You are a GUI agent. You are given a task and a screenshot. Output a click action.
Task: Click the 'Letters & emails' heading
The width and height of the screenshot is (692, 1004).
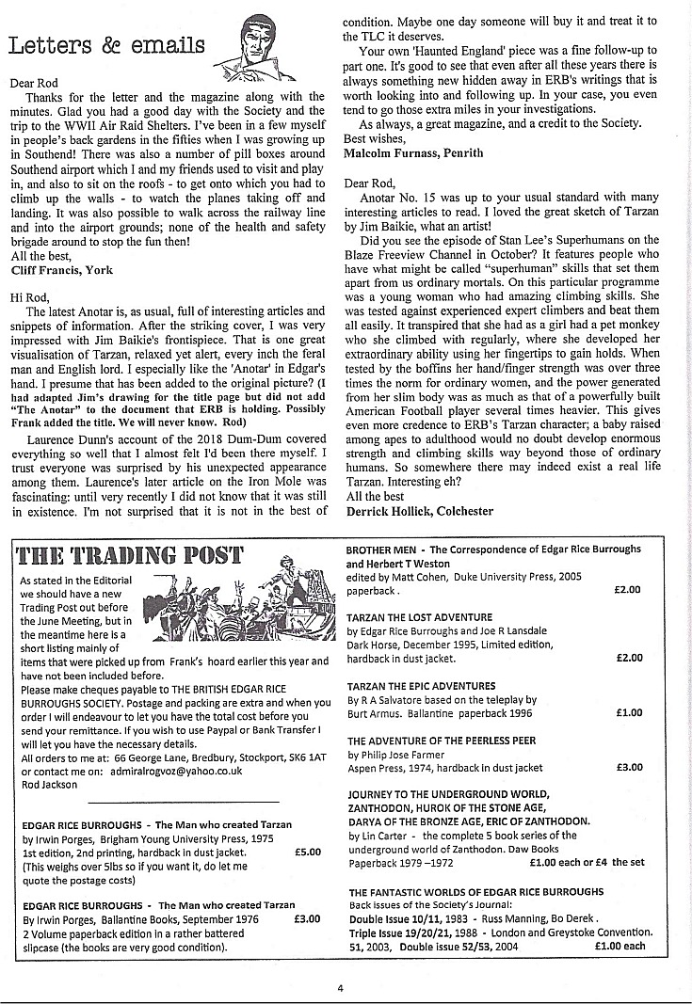(105, 44)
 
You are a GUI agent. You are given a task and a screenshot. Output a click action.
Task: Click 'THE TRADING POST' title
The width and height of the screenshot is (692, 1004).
(131, 553)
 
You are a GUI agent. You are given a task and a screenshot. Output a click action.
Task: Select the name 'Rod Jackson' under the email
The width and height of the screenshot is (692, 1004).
(51, 785)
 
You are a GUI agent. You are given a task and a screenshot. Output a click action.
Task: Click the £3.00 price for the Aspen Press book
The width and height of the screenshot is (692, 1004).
(628, 768)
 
